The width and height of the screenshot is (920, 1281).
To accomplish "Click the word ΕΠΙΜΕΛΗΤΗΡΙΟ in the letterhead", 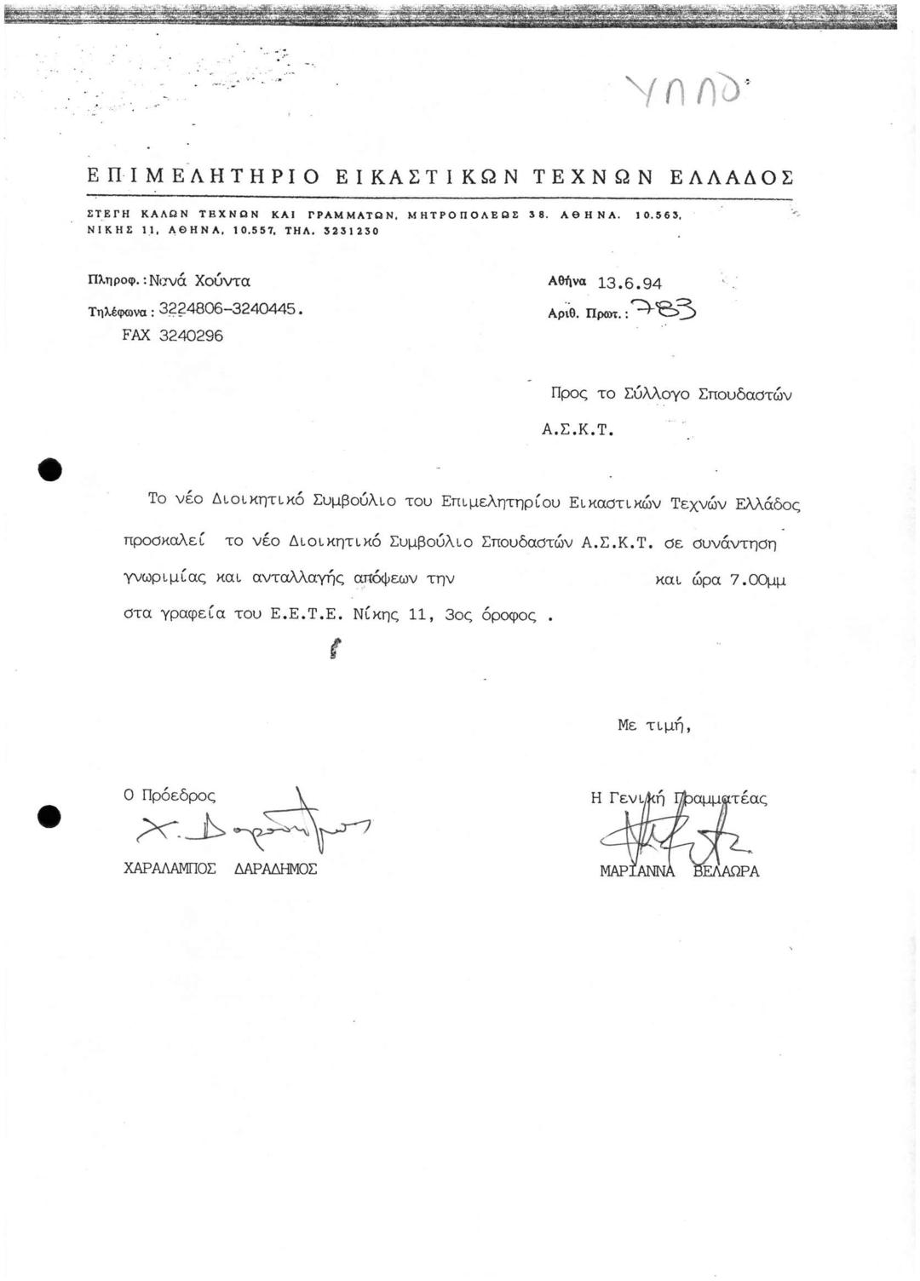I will [204, 177].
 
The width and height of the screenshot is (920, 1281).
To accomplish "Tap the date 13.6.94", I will [630, 283].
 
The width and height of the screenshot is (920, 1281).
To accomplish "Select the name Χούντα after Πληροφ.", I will [222, 280].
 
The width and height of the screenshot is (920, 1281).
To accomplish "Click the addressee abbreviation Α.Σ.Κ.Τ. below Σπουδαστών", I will [578, 430].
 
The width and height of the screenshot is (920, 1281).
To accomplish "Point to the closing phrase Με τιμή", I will [653, 726].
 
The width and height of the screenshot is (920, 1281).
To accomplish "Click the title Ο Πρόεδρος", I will [170, 796].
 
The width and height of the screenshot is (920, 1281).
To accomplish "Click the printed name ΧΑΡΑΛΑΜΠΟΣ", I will [170, 869].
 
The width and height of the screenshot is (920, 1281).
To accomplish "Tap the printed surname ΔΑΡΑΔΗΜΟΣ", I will [275, 869].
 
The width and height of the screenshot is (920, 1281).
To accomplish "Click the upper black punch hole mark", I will [50, 469].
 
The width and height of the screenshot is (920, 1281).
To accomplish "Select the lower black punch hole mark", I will [49, 816].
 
